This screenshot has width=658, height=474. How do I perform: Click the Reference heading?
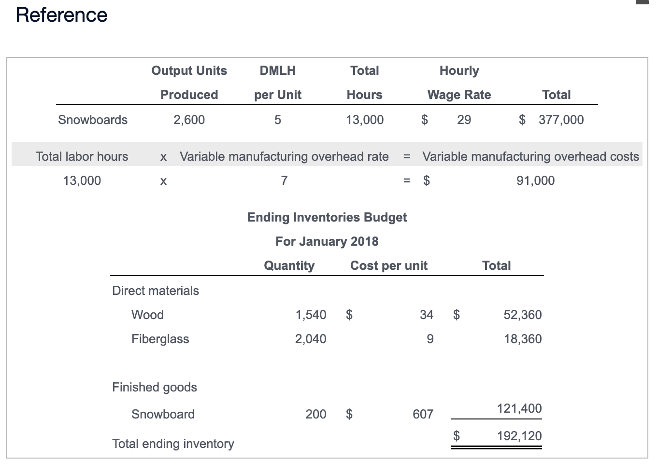point(61,15)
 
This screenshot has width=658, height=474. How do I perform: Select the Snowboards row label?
point(93,120)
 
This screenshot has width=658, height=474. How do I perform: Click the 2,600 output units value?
point(189,120)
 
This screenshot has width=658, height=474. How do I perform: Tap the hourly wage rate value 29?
point(464,120)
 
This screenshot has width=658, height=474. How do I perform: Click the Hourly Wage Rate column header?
point(459,83)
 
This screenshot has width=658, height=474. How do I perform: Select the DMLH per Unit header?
point(278,83)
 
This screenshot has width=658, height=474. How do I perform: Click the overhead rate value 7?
point(284,181)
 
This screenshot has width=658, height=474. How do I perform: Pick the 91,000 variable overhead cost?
point(535,181)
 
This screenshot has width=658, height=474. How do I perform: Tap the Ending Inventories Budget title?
point(327,217)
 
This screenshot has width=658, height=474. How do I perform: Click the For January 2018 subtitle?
point(327,241)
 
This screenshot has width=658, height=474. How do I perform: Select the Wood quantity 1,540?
point(311,315)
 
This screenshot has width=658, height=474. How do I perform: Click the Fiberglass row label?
point(160,339)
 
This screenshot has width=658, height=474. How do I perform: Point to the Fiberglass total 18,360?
point(522,339)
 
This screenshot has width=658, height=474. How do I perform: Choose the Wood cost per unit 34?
point(427,315)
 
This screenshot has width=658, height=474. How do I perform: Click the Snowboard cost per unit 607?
point(423,414)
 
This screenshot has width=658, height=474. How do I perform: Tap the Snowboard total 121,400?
point(519,408)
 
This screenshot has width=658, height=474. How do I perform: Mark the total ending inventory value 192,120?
point(519,436)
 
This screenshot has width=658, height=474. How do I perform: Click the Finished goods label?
point(155,387)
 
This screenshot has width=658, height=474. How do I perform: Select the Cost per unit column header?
point(389,265)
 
